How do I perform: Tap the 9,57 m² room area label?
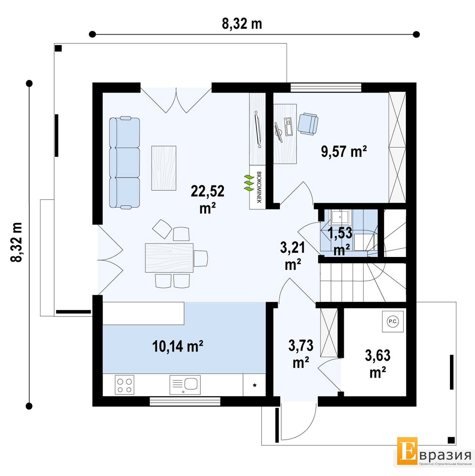coord(344,151)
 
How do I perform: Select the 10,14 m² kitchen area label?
coord(178,346)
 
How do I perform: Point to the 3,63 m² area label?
coord(377,364)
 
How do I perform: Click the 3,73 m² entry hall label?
coord(301,354)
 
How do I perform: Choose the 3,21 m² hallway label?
coord(293,256)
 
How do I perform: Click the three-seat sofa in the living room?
coord(125,163)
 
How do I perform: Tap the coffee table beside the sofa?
coord(164,168)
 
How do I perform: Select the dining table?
coord(169,258)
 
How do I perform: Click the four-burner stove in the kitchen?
coord(124,385)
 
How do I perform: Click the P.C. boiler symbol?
coord(393,322)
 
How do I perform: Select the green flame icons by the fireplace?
coord(249,183)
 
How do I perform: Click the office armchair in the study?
coord(308,124)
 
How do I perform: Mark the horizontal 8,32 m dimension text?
coord(242,24)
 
